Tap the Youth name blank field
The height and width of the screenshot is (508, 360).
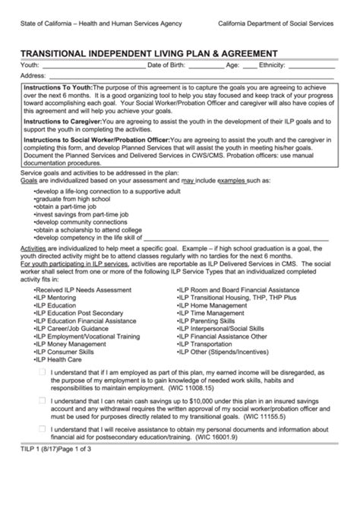91,66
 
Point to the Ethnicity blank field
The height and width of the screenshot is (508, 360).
311,66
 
